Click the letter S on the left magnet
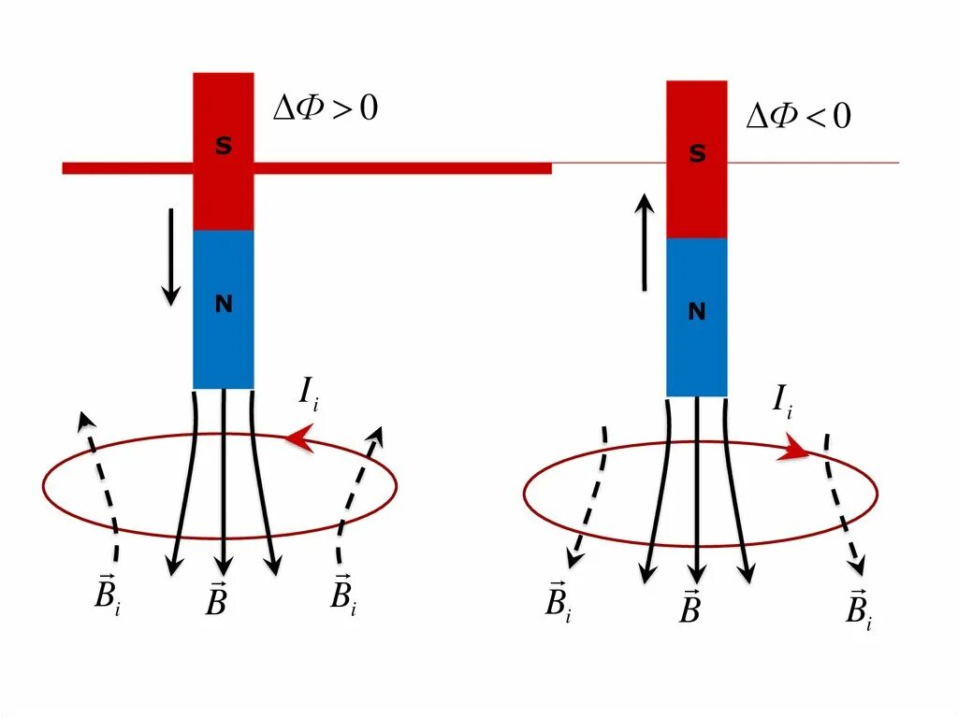(224, 147)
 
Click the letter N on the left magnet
(224, 304)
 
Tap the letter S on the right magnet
(697, 155)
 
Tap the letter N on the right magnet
(697, 312)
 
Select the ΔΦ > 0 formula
(325, 109)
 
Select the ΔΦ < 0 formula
(798, 117)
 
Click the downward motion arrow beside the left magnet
(170, 256)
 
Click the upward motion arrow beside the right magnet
(645, 241)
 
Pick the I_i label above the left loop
(310, 394)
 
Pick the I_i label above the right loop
(783, 403)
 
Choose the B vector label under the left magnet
(216, 598)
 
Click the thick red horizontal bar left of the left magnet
(127, 168)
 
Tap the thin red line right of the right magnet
(813, 164)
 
